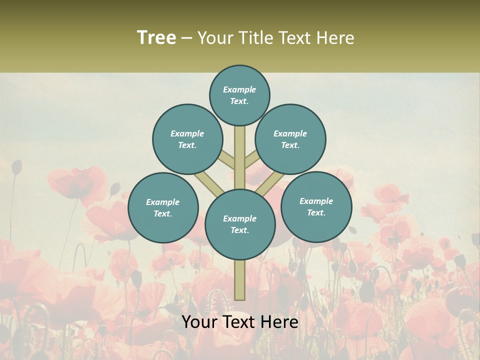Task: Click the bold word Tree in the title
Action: pos(156,37)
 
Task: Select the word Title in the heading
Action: pos(256,37)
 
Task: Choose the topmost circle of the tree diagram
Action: pos(239,95)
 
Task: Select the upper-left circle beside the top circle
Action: pos(187,139)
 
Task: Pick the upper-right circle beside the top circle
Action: pos(290,139)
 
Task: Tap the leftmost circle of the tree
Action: pos(163,207)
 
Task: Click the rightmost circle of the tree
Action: pos(316,206)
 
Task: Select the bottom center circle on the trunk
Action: pos(240,224)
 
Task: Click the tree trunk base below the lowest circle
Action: pos(240,280)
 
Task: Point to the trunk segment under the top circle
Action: pos(240,150)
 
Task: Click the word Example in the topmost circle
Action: pos(239,89)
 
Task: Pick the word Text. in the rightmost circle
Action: pos(316,212)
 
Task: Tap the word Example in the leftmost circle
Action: pos(163,202)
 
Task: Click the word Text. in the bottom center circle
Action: pos(239,230)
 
